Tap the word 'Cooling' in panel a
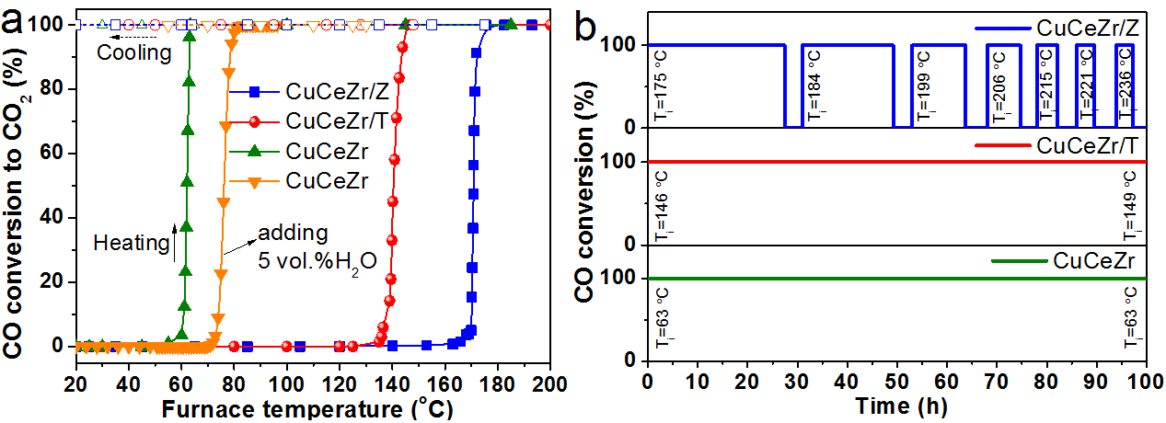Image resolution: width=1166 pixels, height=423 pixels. pyautogui.click(x=134, y=52)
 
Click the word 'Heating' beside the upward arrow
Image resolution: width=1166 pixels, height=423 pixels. pyautogui.click(x=131, y=243)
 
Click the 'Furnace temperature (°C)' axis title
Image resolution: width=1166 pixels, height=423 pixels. pyautogui.click(x=311, y=405)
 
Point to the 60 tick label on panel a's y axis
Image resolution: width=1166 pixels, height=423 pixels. pyautogui.click(x=60, y=154)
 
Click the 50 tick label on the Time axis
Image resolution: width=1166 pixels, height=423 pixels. pyautogui.click(x=897, y=381)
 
